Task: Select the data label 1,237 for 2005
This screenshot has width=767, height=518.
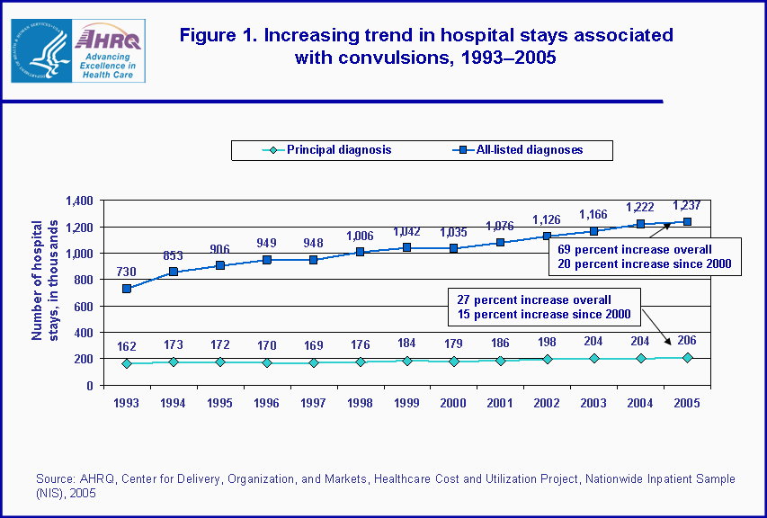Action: [687, 204]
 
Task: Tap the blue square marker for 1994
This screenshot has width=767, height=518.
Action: [174, 272]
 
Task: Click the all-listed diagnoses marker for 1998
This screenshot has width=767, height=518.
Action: [361, 252]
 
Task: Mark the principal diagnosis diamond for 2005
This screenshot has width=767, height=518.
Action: [688, 358]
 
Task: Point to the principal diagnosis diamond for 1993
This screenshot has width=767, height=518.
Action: [127, 363]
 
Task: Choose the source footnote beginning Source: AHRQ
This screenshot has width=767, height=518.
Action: [385, 486]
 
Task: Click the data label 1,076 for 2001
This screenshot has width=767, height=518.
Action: [500, 226]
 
